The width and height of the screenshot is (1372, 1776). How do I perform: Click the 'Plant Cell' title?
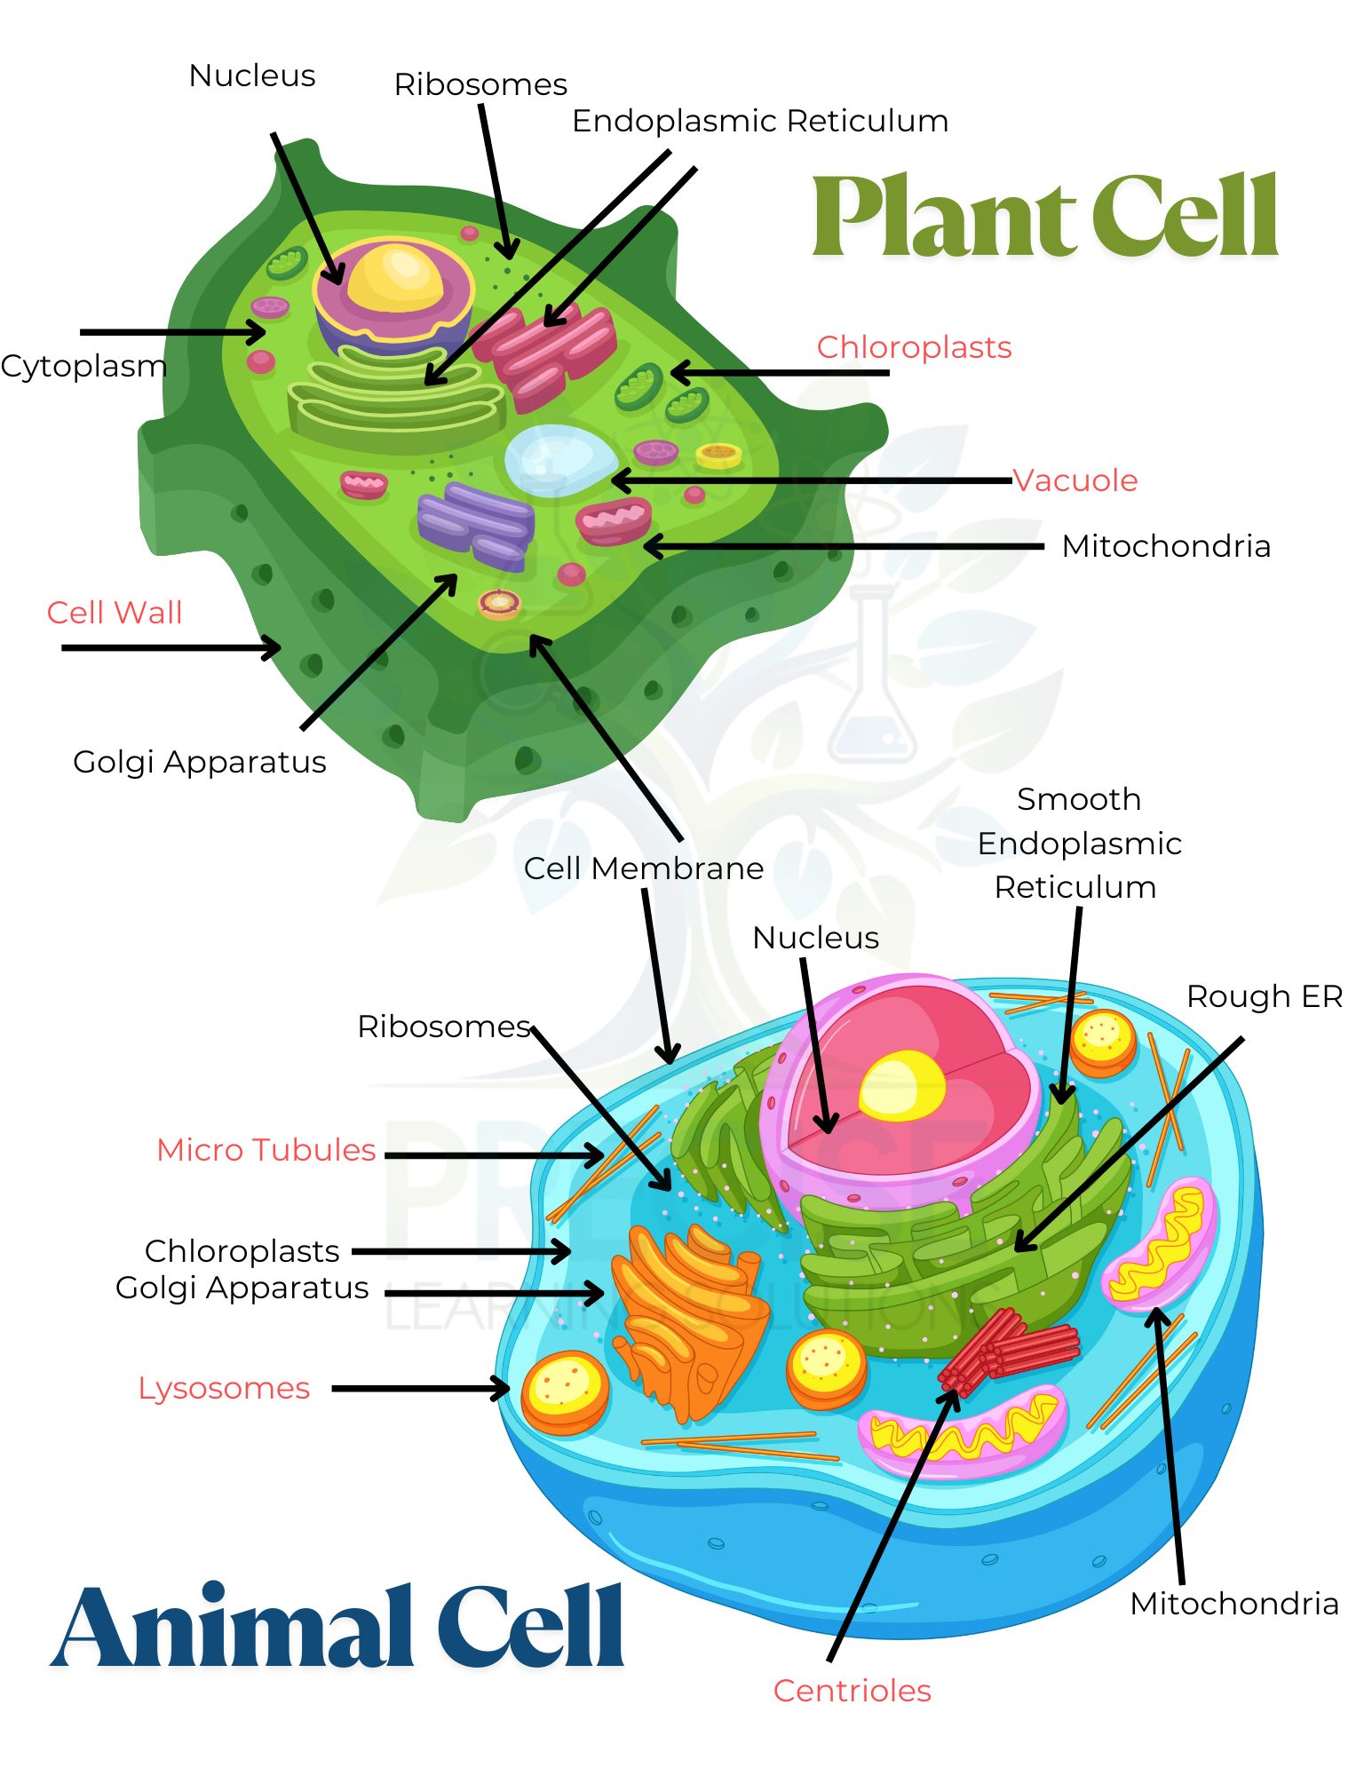[1044, 218]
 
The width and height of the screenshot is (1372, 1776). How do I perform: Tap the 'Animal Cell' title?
[337, 1627]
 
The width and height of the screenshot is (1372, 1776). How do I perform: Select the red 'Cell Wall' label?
[115, 613]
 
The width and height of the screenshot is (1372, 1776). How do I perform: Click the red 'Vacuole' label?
[1075, 480]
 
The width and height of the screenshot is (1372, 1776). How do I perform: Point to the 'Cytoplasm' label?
[83, 366]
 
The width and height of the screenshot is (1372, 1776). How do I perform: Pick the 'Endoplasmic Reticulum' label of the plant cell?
[760, 121]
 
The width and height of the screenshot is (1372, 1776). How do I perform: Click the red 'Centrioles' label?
[852, 1691]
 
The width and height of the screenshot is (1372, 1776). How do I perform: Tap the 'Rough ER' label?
[1264, 996]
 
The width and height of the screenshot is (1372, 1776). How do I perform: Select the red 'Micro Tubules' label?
[266, 1150]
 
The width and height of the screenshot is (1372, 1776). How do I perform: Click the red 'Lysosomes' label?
[224, 1388]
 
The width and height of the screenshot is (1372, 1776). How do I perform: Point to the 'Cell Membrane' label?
[643, 868]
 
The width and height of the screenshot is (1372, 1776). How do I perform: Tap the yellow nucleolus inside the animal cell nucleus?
[901, 1085]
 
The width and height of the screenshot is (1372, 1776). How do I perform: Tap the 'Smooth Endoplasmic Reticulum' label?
[1079, 844]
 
